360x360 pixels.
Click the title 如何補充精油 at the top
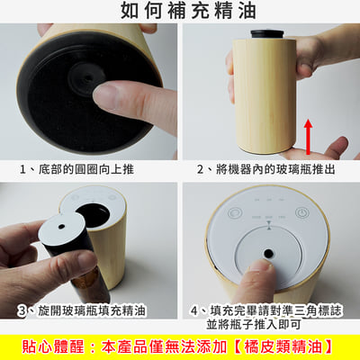(180, 11)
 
